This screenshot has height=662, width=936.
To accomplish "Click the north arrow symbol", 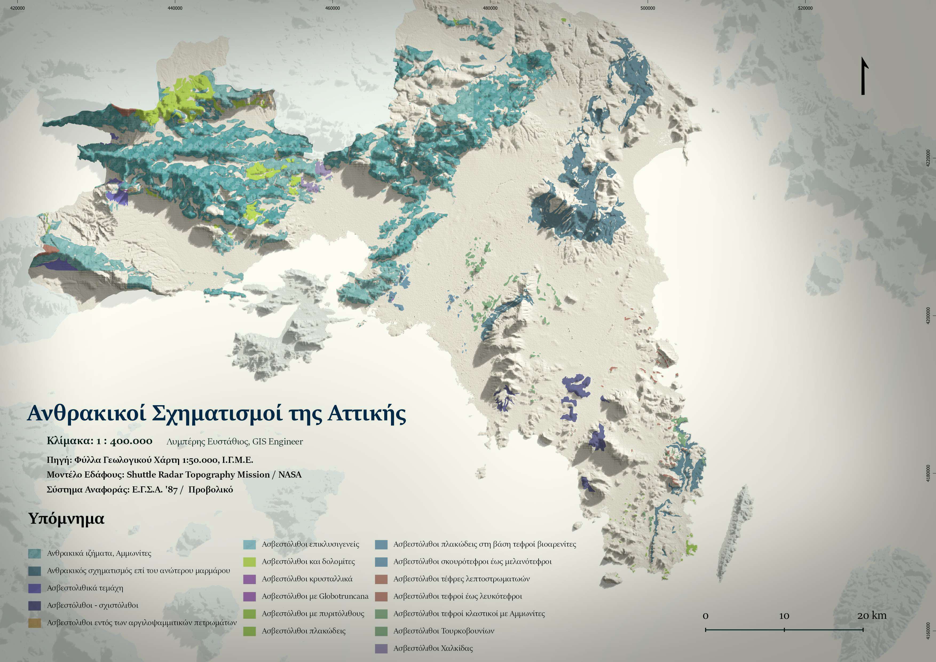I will click(x=863, y=77).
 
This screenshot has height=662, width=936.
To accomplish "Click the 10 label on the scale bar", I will click(x=784, y=616).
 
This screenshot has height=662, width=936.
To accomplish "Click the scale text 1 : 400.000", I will click(x=124, y=441).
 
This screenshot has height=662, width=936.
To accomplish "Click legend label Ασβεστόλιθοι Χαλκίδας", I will click(x=433, y=648).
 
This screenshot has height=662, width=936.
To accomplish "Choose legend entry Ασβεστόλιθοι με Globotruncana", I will click(x=315, y=596).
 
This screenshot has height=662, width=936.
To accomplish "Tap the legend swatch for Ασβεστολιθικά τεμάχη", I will click(x=35, y=588).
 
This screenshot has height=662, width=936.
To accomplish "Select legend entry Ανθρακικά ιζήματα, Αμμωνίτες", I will click(x=99, y=553).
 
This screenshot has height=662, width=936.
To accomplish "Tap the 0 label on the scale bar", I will click(x=706, y=616).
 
